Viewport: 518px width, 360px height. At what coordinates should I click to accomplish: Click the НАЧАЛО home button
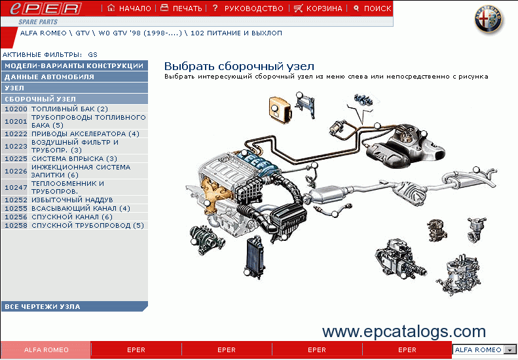pos(129,9)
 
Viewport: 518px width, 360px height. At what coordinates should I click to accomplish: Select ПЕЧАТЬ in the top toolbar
pos(181,9)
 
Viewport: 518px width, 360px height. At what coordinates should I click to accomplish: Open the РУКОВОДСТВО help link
pos(248,9)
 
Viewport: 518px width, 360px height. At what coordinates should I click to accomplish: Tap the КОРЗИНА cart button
pos(318,9)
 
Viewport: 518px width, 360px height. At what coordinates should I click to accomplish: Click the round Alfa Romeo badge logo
pos(489,20)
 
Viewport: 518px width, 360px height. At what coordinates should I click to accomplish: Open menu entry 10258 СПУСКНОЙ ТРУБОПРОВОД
pos(75,225)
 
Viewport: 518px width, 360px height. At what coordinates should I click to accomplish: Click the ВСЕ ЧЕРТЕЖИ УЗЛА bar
pos(75,306)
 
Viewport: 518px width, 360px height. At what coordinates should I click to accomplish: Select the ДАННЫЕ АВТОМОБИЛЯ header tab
pos(75,77)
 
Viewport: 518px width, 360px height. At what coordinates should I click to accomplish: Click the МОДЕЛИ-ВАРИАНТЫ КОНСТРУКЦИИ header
pos(75,65)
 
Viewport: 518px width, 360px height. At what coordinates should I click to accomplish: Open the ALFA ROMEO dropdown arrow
pos(510,350)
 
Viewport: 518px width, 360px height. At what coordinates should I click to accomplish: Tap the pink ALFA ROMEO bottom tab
pos(46,350)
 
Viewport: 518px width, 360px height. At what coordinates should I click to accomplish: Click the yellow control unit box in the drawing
pos(280,107)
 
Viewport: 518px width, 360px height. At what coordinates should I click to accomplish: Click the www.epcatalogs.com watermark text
pos(403,331)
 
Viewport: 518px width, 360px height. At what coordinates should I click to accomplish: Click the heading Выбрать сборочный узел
pos(239,66)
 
